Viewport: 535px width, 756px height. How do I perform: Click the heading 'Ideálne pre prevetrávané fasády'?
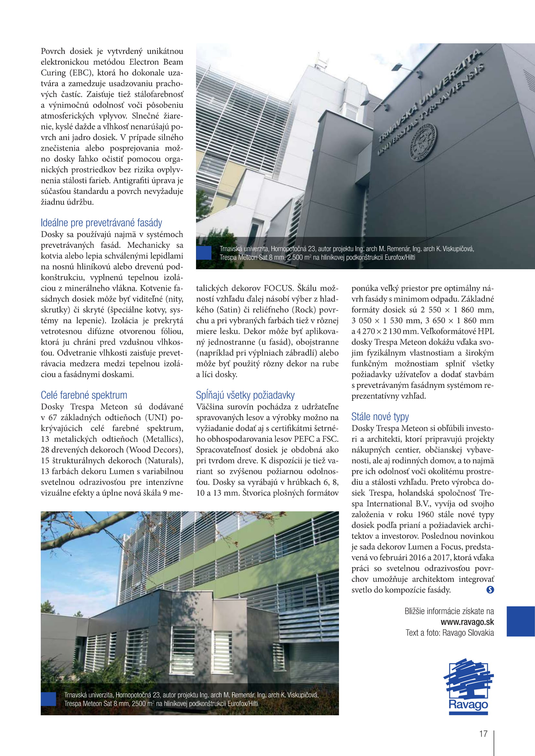click(101, 223)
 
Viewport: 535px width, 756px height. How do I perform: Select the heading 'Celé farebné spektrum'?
click(84, 395)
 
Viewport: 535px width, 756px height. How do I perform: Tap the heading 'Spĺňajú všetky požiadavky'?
click(245, 395)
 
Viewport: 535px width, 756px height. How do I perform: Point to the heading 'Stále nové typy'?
click(380, 417)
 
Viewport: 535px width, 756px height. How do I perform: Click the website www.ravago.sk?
click(467, 622)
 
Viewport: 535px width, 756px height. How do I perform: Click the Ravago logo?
click(468, 687)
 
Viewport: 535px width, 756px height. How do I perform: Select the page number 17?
click(483, 734)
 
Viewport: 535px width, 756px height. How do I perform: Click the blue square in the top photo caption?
click(203, 253)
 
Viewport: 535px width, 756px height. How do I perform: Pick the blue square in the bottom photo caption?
click(49, 699)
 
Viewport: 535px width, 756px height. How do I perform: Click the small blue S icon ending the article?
click(490, 590)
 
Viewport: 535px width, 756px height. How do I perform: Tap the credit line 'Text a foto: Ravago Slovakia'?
click(449, 633)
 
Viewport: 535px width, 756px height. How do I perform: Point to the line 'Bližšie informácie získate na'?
click(449, 611)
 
